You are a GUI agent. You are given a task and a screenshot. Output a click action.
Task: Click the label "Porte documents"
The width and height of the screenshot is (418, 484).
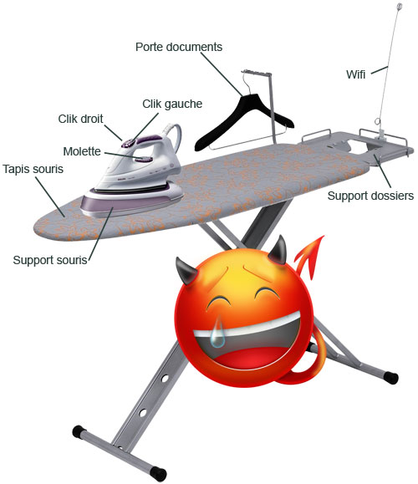179,47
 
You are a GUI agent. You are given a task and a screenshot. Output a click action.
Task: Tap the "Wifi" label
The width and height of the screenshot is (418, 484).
355,74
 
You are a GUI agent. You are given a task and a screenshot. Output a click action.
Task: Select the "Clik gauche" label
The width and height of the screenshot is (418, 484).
172,104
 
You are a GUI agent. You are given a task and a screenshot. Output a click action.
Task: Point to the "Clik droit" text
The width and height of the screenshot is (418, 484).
80,119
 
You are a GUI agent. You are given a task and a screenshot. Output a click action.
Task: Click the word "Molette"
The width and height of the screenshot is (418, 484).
82,151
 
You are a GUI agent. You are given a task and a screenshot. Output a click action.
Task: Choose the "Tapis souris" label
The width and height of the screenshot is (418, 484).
33,169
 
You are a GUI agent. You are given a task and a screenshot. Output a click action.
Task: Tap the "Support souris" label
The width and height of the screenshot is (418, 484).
50,260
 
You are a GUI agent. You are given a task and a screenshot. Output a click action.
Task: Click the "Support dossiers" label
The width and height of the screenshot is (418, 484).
370,196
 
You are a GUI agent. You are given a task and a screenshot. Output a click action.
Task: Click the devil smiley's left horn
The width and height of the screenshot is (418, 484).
186,272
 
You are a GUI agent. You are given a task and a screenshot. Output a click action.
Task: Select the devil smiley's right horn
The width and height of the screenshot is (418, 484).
278,251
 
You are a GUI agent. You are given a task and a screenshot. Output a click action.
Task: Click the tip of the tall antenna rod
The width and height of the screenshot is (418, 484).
400,5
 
